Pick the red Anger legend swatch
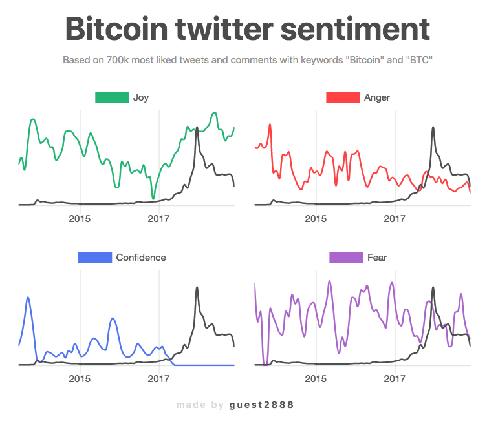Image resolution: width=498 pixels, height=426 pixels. pos(342,97)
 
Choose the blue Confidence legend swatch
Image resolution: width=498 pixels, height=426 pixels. pos(94,258)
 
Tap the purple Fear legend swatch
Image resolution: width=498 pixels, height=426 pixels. pos(345,258)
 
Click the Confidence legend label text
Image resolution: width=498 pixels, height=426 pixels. pos(141,258)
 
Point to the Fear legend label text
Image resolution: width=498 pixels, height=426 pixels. pos(377,258)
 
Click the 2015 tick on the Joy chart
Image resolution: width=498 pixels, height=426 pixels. pos(80,219)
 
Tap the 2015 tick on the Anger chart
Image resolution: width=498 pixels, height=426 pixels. pos(316,219)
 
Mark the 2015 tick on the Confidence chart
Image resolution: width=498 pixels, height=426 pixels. pos(80,378)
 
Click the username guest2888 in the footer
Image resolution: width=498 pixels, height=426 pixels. pos(262,405)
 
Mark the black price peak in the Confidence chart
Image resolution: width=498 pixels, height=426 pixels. pos(196,288)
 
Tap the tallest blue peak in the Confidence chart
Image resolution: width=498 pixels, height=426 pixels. pos(28,298)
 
